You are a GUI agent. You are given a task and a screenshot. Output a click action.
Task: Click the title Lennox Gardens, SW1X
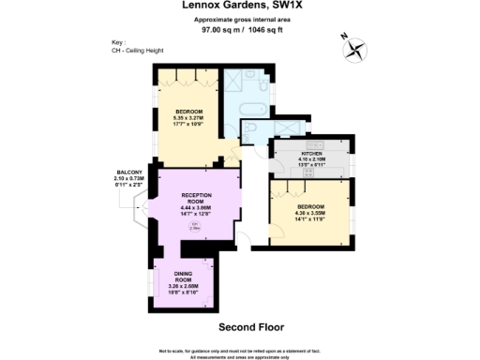239,7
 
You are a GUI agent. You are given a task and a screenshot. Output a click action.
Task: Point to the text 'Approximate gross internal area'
239,20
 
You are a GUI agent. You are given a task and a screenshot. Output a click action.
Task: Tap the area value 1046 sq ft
264,29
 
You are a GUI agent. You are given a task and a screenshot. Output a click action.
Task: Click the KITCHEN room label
311,152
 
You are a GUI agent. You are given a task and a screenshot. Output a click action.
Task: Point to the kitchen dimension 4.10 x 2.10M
311,158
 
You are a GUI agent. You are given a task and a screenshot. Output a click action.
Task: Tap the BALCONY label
129,172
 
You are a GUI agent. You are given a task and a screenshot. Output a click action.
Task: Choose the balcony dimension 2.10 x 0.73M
129,179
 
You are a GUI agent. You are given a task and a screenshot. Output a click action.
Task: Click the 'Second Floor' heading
243,327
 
